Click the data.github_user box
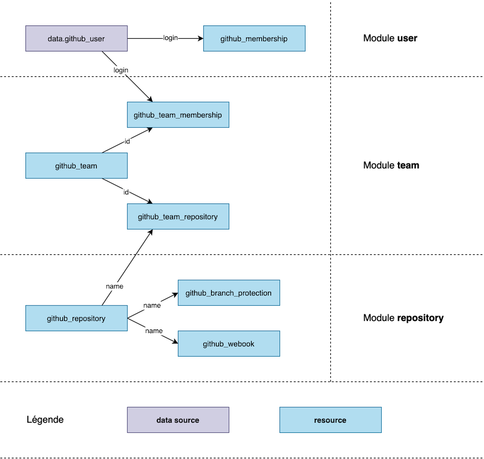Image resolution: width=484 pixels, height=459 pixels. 76,39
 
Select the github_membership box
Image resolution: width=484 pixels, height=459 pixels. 253,39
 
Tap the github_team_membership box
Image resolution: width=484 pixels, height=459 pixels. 178,114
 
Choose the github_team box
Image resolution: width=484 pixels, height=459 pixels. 76,165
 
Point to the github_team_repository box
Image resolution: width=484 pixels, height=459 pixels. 178,216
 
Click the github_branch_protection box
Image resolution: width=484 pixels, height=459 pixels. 228,292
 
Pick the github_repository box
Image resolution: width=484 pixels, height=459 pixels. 76,318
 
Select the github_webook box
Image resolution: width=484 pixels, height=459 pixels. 228,343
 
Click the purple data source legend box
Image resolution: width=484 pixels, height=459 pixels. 178,420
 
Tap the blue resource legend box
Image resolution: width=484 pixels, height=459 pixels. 330,420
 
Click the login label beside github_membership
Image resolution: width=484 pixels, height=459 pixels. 171,38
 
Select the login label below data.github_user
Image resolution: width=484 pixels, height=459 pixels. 121,70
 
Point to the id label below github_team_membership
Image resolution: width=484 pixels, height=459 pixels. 127,142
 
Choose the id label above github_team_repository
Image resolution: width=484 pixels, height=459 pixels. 126,193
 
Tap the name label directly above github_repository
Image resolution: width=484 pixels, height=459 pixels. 114,286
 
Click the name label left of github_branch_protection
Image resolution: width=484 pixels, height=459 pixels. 152,306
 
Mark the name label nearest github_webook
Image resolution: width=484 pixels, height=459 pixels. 154,331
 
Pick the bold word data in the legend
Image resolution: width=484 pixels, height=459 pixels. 164,420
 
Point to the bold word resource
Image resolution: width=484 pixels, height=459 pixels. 330,420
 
